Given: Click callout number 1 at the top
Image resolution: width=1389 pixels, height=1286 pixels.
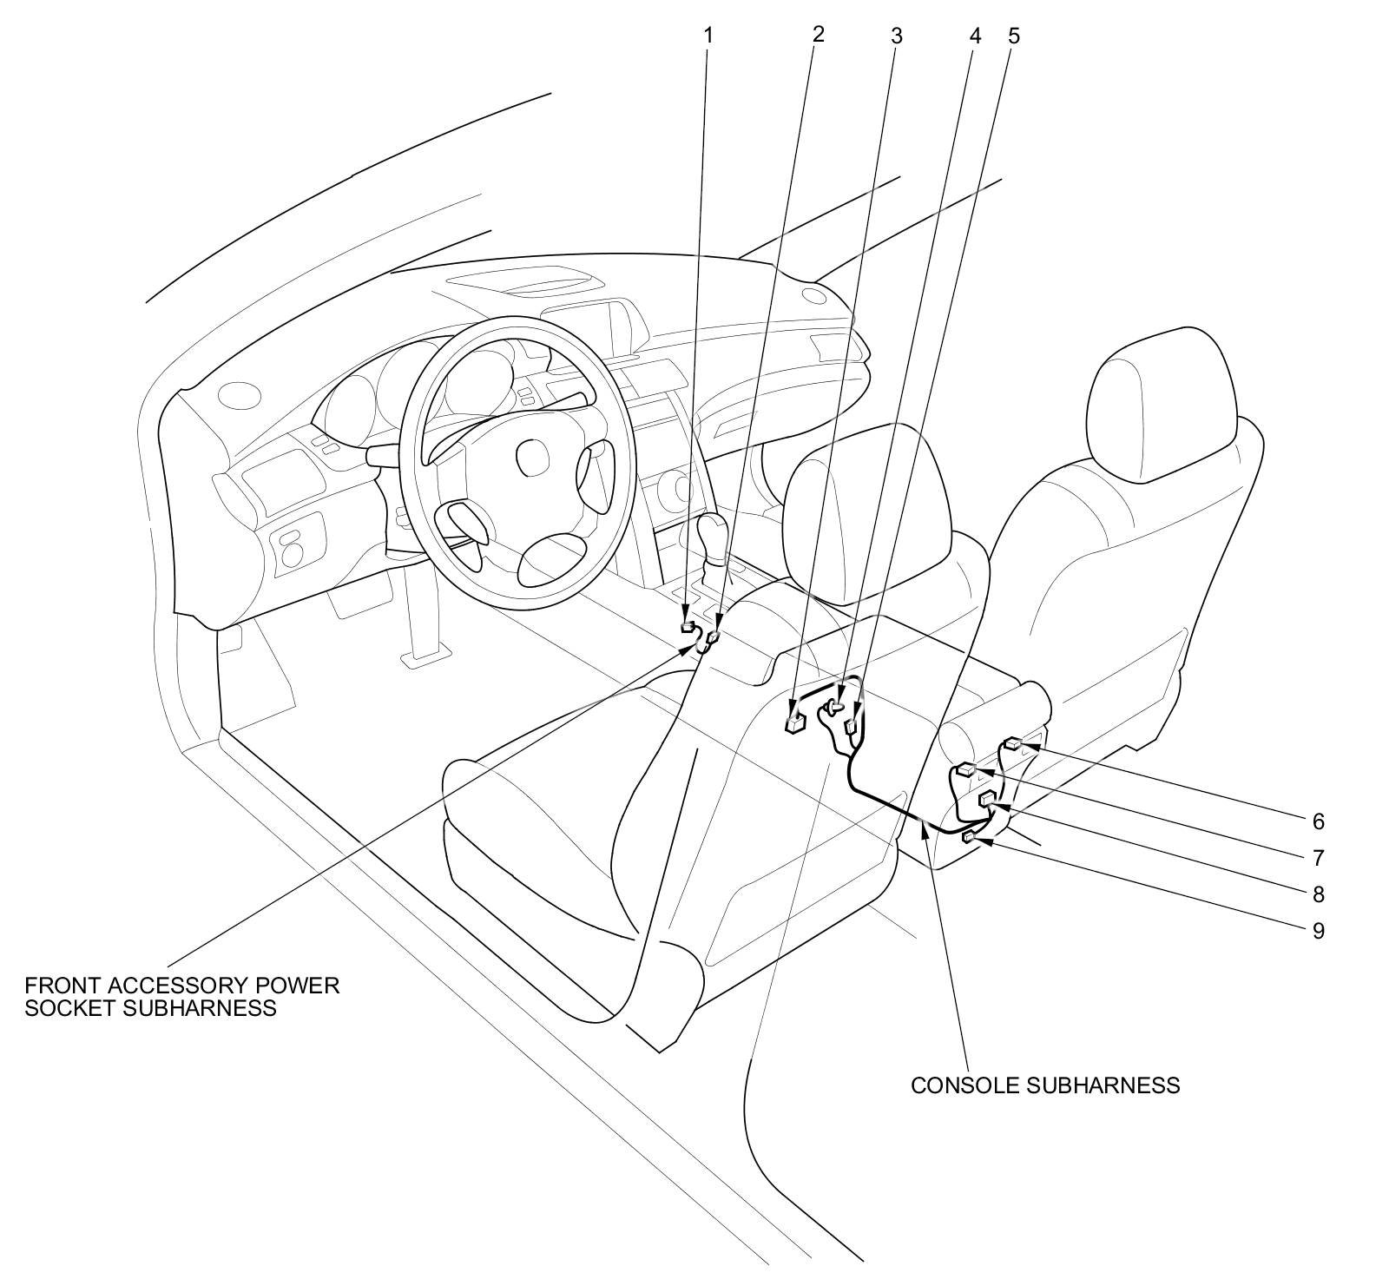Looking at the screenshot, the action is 708,36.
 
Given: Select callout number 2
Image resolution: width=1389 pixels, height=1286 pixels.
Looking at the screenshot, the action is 817,34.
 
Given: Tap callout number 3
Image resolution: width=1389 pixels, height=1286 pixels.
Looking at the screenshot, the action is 897,36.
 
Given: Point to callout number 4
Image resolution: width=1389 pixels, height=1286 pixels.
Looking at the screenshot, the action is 975,36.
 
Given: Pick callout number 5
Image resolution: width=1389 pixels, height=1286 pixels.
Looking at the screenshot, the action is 1014,36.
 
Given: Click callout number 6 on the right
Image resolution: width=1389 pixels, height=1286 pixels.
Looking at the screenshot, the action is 1318,821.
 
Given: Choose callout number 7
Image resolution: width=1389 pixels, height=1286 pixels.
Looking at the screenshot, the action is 1318,858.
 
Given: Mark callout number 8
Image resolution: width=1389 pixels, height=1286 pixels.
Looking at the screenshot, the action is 1318,894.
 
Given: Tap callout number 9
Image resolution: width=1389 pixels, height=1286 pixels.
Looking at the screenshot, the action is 1318,931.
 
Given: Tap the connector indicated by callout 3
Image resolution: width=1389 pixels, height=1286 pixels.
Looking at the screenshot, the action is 794,722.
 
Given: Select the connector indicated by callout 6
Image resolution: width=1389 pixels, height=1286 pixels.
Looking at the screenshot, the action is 1013,743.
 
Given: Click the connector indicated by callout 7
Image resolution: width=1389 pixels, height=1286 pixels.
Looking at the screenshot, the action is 966,768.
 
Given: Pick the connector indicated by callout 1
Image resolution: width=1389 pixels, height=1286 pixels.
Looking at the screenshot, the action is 688,626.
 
